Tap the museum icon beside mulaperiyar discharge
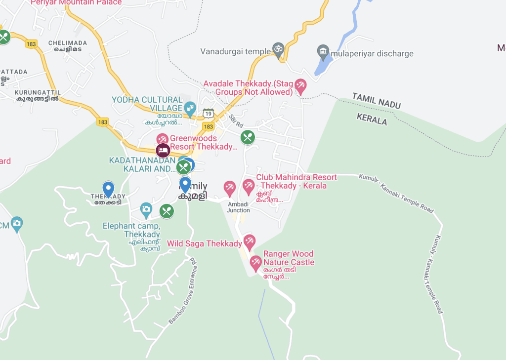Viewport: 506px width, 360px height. [x=323, y=51]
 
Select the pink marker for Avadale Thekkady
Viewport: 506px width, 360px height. [x=300, y=87]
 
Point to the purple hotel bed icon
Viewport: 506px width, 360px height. [x=163, y=150]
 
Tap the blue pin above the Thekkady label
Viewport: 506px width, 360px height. [x=108, y=189]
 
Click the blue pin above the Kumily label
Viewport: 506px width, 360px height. [x=185, y=185]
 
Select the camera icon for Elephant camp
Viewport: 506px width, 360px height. [x=146, y=210]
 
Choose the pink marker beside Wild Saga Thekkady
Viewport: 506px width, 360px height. [x=250, y=242]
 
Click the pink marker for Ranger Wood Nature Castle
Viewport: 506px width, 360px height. [x=255, y=263]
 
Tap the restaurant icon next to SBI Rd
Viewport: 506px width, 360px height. [x=248, y=137]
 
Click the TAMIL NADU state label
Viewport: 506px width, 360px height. [x=376, y=100]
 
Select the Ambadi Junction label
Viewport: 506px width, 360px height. [x=238, y=207]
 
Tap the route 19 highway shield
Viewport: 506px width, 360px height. [x=208, y=113]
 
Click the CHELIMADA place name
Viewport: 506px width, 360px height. [x=68, y=43]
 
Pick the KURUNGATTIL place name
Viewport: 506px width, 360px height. [x=38, y=92]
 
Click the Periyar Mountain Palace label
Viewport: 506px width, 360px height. [x=76, y=2]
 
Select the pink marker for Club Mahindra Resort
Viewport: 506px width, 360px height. [x=248, y=187]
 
